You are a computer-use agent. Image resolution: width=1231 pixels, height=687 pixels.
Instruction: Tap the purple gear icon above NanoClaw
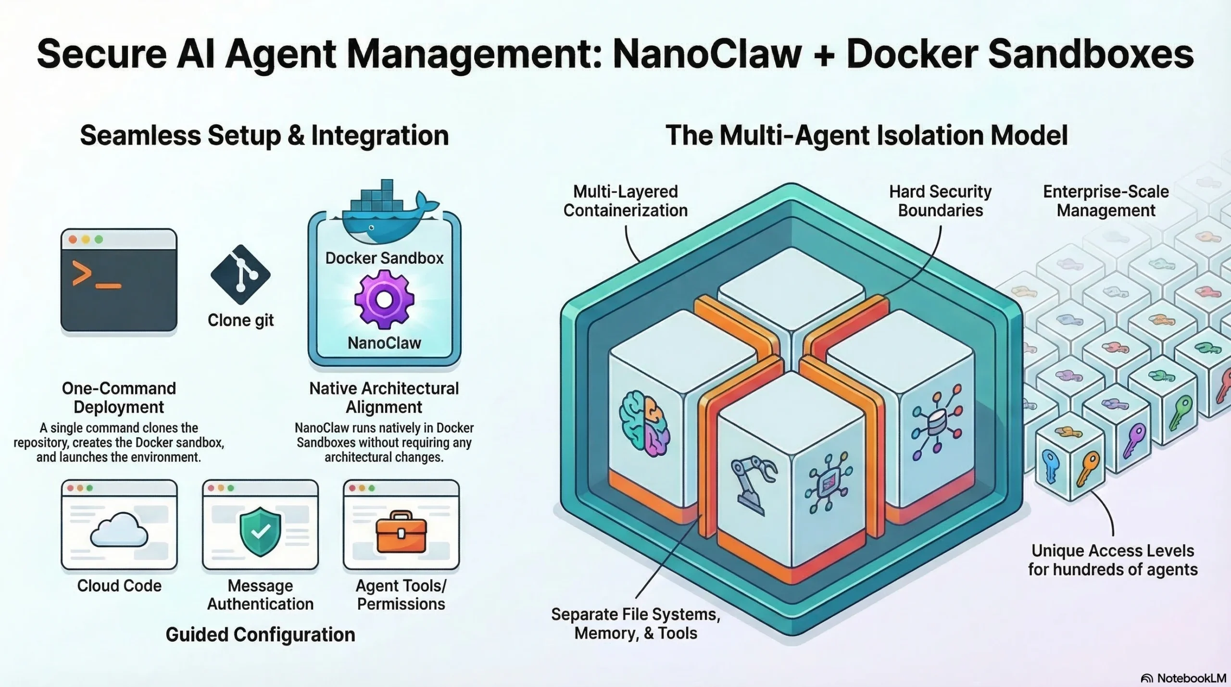click(384, 300)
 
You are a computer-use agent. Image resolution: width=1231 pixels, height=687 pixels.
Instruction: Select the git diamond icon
click(240, 275)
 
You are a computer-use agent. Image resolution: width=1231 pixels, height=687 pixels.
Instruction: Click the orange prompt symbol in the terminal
click(82, 274)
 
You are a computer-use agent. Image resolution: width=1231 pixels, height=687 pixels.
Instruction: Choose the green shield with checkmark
click(260, 531)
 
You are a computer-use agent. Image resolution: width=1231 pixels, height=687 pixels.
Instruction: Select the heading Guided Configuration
click(260, 635)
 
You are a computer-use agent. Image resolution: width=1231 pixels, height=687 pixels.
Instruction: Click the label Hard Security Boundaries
click(940, 201)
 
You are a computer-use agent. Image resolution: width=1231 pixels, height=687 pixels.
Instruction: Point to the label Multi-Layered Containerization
click(625, 201)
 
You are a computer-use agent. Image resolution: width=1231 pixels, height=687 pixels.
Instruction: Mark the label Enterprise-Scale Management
click(1105, 201)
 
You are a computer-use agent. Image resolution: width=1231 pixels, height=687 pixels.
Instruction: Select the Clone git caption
click(240, 320)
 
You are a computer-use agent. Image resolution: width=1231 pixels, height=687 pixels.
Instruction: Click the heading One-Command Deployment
click(119, 398)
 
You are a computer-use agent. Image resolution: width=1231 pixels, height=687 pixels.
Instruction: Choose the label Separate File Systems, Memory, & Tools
click(636, 624)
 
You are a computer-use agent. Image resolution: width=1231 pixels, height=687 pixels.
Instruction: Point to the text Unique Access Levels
click(1112, 550)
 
